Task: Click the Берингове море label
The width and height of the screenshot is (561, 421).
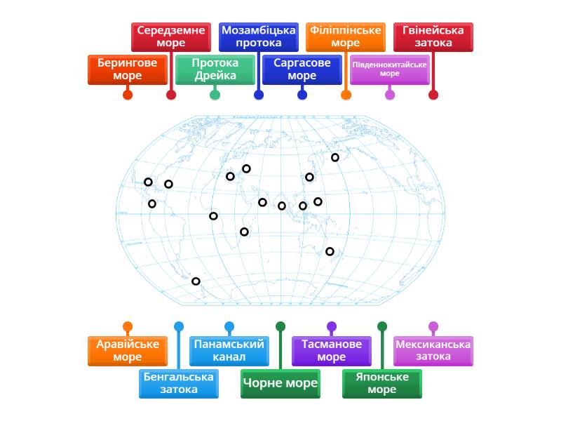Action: coord(127,69)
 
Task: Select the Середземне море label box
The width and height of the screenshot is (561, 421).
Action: coord(171,36)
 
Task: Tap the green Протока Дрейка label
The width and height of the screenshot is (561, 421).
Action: coord(215,69)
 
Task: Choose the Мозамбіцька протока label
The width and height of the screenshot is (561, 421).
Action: coord(258,36)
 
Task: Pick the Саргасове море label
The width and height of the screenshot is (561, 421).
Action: coord(302,69)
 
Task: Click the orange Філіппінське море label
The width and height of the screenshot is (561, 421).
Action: coord(345,36)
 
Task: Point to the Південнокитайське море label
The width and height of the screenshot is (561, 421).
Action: coord(389,69)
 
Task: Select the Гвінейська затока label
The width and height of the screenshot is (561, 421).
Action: coord(433,36)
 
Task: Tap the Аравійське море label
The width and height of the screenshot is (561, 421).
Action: coord(127,351)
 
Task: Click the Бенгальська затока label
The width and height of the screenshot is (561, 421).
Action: coord(178,383)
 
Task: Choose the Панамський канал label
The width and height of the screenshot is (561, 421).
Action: coord(229,351)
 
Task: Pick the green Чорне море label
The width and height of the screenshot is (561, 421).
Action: coord(280,383)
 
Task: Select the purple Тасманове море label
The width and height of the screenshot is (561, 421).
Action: coord(331,351)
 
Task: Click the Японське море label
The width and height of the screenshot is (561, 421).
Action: coord(381,383)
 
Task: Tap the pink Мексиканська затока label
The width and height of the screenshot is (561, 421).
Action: coord(433,351)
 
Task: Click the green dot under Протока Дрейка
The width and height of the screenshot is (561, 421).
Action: coord(215,95)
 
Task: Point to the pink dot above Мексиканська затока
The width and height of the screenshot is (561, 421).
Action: coord(433,326)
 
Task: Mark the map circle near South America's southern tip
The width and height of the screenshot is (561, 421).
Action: coord(196,281)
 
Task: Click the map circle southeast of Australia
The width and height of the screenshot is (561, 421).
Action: coord(330,251)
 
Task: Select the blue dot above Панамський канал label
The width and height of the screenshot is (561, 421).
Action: coord(229,326)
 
